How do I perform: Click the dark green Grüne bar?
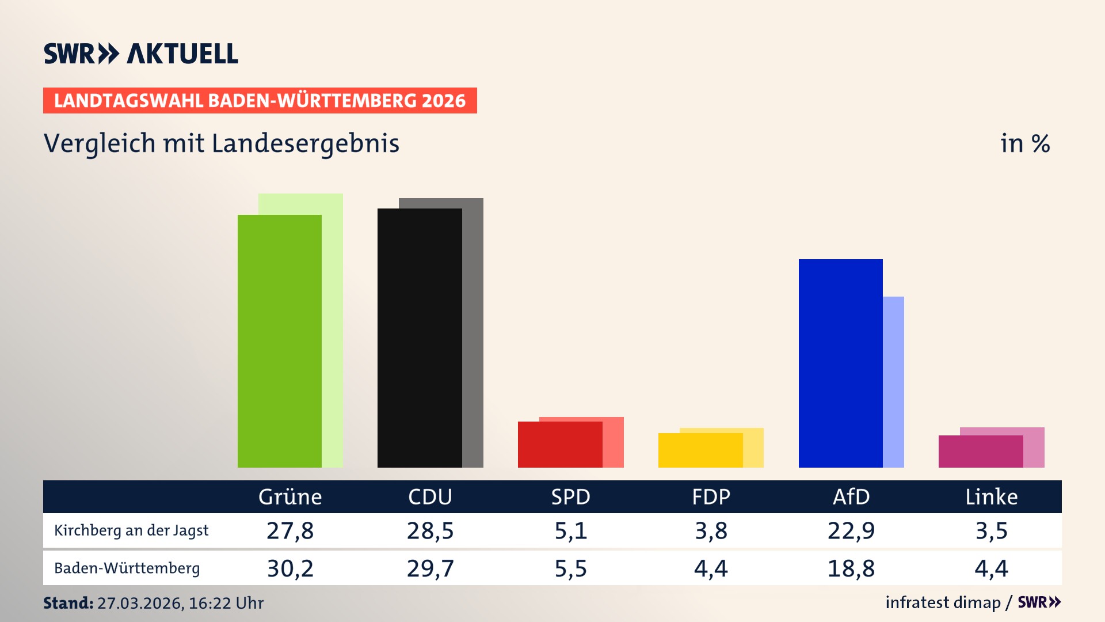tap(279, 341)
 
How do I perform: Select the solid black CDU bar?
tap(420, 338)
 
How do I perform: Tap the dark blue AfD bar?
tap(840, 363)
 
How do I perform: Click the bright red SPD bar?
tap(559, 444)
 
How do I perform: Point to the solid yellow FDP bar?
tap(700, 450)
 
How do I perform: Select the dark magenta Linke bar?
tap(980, 451)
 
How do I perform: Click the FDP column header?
tap(711, 496)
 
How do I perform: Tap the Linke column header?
tap(991, 496)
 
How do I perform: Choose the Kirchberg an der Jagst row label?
tap(131, 530)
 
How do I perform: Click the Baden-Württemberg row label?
tap(127, 568)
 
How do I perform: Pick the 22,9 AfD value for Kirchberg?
tap(851, 530)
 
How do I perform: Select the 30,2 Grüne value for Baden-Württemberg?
tap(290, 568)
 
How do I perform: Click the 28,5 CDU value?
tap(430, 530)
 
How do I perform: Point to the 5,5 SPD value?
tap(570, 568)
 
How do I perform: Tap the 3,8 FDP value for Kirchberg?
tap(711, 530)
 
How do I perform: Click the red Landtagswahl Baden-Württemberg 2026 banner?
tap(260, 100)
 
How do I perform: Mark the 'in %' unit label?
tap(1024, 143)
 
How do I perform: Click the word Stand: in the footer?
tap(68, 603)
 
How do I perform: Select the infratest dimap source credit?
tap(943, 602)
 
